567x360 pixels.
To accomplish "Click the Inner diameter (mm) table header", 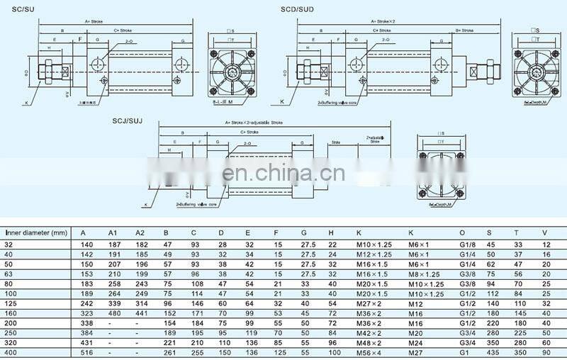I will (35, 232).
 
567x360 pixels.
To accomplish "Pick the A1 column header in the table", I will (112, 232).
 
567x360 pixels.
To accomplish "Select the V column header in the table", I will (544, 232).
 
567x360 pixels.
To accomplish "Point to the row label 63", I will (9, 274).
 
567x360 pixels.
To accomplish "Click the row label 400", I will (11, 351).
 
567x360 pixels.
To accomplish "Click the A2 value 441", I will (139, 313).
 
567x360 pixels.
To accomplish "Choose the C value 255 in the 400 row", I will (194, 351).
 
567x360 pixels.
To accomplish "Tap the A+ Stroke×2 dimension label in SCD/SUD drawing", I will (383, 21).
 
